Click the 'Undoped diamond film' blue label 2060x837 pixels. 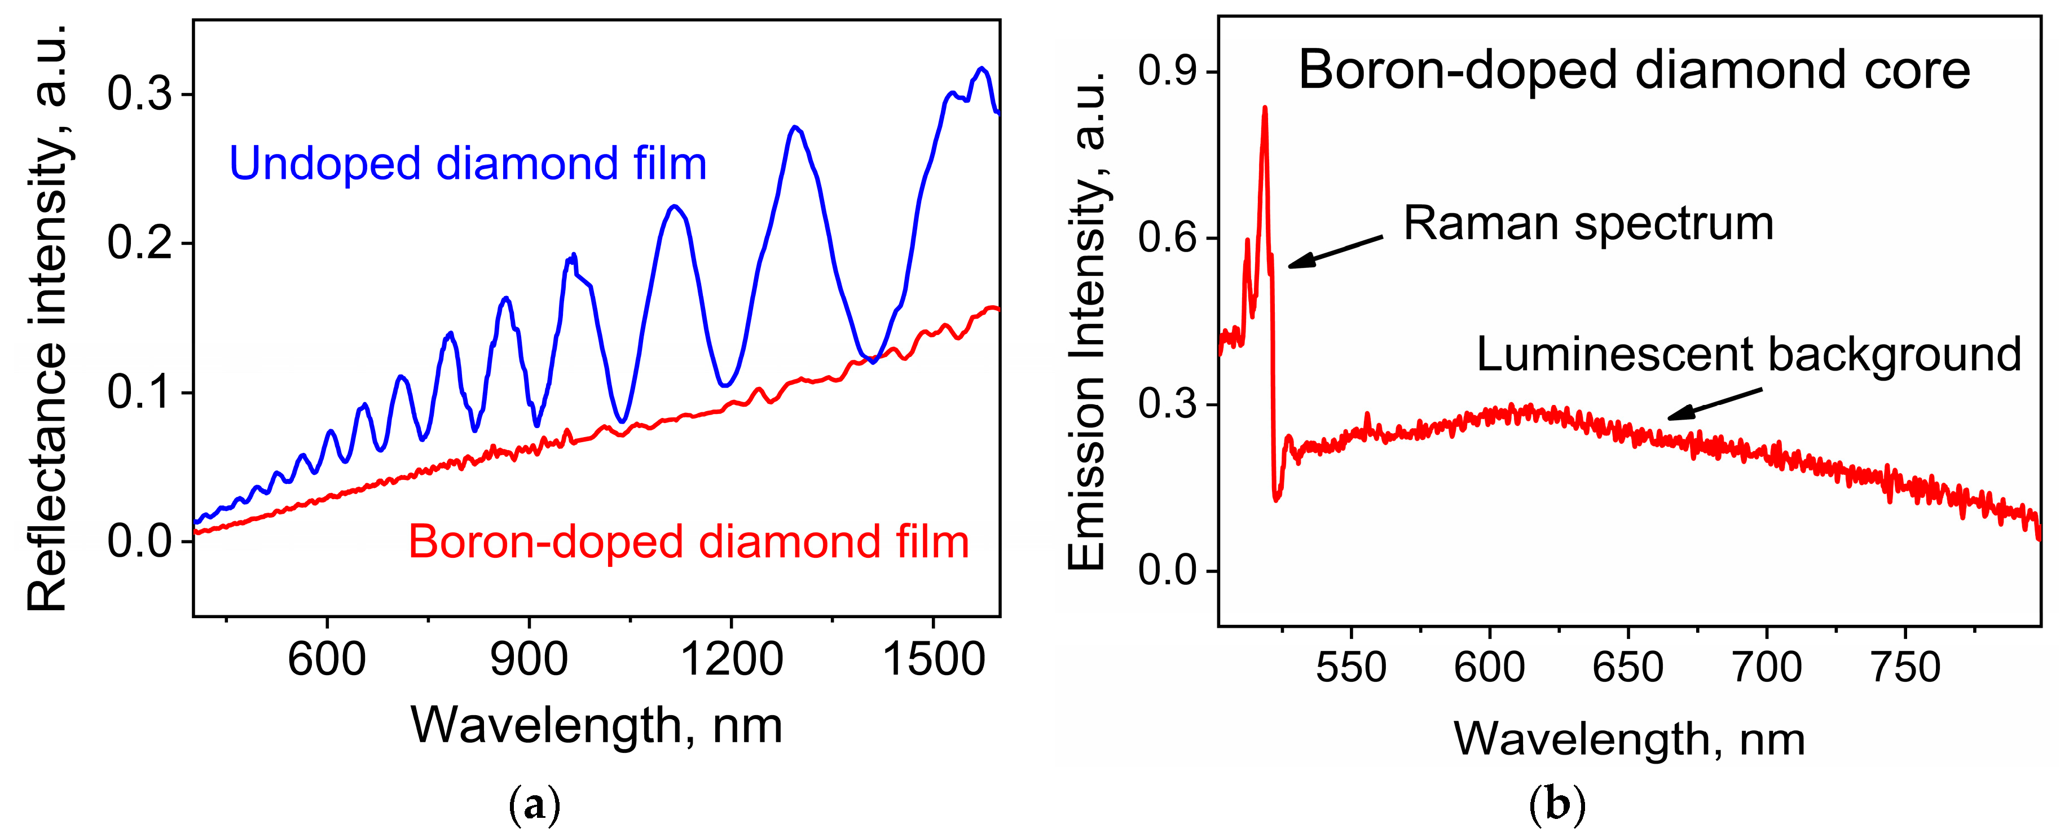(468, 164)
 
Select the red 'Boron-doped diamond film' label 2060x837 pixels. (689, 542)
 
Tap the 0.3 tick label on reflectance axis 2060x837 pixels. (140, 94)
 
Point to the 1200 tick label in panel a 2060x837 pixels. (731, 660)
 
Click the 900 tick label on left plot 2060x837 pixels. (529, 660)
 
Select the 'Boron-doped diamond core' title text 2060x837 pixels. (1634, 71)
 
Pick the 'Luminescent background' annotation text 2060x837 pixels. (1748, 354)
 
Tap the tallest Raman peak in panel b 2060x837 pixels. (1264, 108)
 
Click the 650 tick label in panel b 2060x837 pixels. (1627, 668)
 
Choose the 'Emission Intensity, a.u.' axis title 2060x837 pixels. (1087, 320)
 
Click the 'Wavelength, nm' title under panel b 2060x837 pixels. (1629, 739)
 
